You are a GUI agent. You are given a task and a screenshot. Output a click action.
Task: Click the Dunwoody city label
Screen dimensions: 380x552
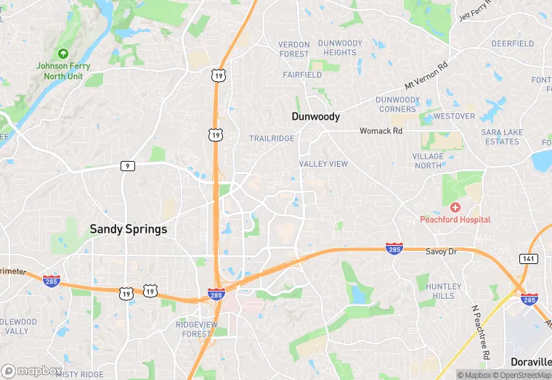coord(315,116)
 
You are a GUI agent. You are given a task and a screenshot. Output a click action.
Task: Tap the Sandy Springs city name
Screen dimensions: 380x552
coord(128,229)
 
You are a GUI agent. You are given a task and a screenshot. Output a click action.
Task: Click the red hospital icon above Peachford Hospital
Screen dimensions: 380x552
coord(455,207)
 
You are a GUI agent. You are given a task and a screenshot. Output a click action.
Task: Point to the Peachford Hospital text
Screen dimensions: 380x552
coord(455,219)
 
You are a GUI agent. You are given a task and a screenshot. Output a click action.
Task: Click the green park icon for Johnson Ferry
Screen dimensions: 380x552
coord(62,53)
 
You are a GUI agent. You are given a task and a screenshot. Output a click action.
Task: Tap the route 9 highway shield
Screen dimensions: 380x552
coord(127,166)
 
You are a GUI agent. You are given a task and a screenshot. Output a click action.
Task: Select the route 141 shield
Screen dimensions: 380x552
coord(527,259)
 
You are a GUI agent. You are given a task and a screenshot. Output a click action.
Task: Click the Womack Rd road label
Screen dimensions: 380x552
coord(381,131)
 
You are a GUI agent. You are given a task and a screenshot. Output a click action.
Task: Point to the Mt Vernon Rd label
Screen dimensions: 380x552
coord(426,75)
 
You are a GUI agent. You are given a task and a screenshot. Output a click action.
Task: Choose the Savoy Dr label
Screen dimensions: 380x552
coord(439,251)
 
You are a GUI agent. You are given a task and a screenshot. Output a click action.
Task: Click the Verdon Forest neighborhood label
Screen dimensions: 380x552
coord(293,49)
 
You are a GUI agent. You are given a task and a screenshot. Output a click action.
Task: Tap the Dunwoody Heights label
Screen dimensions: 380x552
coord(340,48)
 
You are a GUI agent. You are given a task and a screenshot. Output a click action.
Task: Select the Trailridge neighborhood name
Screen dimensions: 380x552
coord(272,138)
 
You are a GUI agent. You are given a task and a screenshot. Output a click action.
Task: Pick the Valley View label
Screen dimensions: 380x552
coord(323,164)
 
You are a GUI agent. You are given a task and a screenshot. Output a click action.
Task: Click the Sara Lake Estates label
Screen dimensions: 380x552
coord(502,137)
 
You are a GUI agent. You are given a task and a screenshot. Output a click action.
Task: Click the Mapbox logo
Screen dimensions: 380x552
coord(32,371)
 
